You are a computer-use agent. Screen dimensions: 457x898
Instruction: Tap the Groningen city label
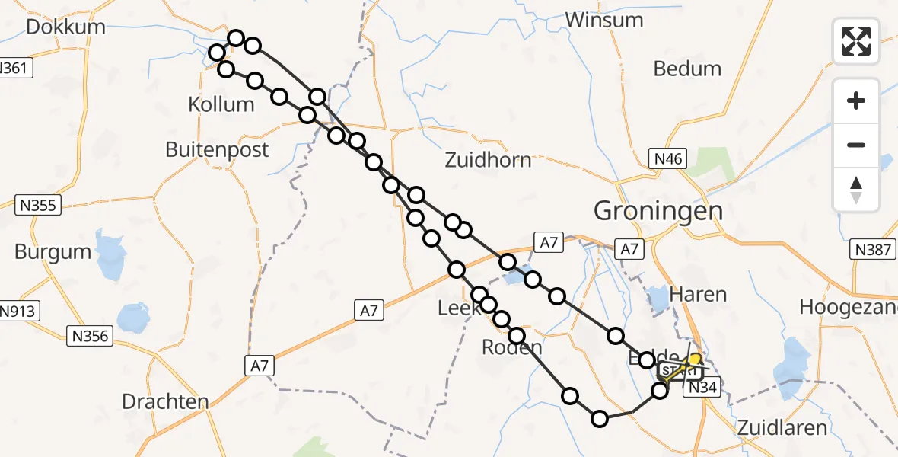(x=658, y=210)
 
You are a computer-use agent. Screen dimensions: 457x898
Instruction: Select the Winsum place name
(x=605, y=20)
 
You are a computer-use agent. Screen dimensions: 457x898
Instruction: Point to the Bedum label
(x=687, y=69)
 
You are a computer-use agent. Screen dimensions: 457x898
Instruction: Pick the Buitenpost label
(x=217, y=149)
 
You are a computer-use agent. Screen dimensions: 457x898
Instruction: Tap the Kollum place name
(x=221, y=104)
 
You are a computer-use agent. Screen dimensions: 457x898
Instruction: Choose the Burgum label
(x=53, y=252)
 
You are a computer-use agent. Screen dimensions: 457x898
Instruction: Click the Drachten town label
(x=165, y=401)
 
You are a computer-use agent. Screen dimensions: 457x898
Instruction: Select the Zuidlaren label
(x=782, y=427)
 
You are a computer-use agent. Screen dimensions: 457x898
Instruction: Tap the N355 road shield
(x=38, y=204)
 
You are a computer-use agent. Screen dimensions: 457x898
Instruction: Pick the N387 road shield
(x=872, y=250)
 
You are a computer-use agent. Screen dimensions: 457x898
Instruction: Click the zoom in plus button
(x=856, y=101)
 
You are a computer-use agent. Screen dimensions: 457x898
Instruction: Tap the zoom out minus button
(x=856, y=145)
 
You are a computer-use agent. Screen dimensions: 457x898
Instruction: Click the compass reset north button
(x=856, y=189)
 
